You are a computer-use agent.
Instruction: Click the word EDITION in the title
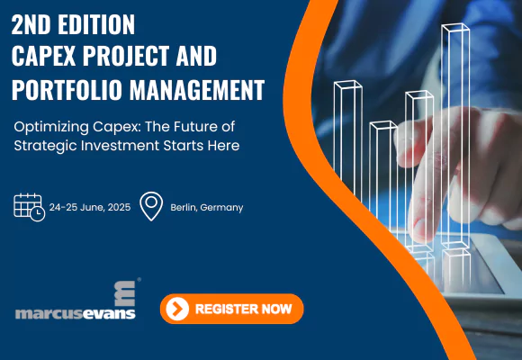pyautogui.click(x=96, y=24)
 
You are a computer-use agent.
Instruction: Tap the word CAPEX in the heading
pyautogui.click(x=44, y=56)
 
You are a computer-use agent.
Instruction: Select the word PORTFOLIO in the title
pyautogui.click(x=67, y=90)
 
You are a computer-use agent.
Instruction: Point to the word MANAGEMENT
pyautogui.click(x=197, y=90)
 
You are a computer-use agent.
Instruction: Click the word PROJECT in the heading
pyautogui.click(x=126, y=56)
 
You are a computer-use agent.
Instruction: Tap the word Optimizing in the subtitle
pyautogui.click(x=51, y=128)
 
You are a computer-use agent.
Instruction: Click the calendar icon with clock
pyautogui.click(x=30, y=207)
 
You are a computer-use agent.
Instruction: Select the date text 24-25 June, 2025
pyautogui.click(x=90, y=208)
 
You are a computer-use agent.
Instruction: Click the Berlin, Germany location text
pyautogui.click(x=207, y=208)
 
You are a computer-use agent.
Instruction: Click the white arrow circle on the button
pyautogui.click(x=177, y=309)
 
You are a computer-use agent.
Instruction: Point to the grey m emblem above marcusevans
pyautogui.click(x=125, y=293)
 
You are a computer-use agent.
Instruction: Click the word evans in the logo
pyautogui.click(x=109, y=314)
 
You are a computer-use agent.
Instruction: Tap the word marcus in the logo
pyautogui.click(x=49, y=314)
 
